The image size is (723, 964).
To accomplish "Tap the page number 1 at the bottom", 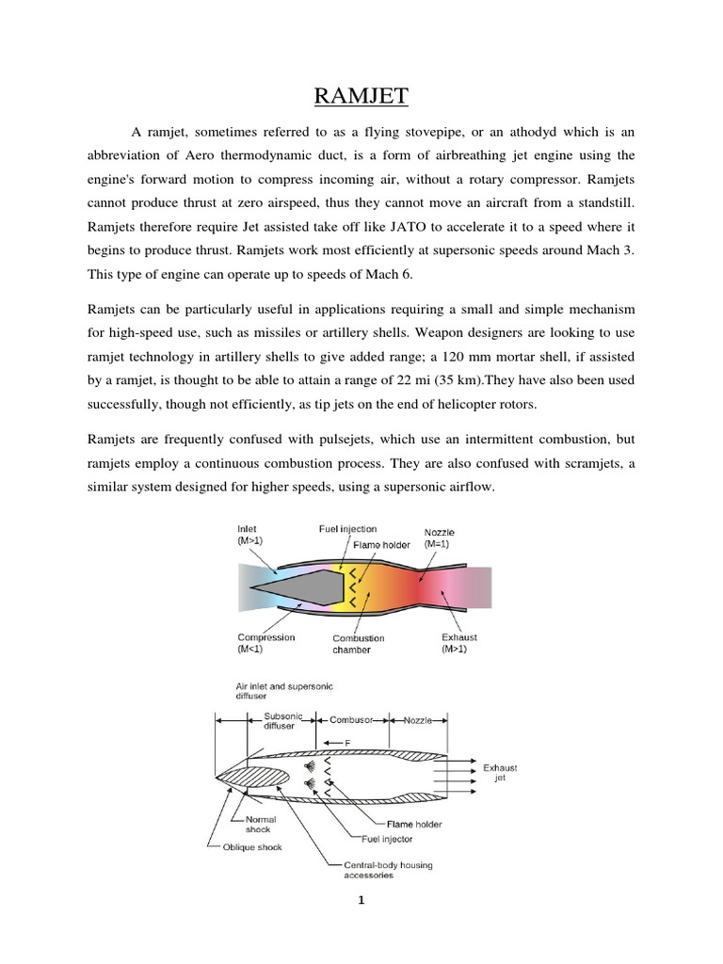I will [361, 901].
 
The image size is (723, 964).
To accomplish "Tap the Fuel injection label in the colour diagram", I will [347, 529].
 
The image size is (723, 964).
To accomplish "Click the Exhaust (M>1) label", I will [458, 643].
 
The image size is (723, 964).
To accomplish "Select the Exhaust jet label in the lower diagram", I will [500, 773].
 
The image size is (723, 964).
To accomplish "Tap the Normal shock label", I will [259, 824].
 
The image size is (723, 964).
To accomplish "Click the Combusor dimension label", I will [352, 719].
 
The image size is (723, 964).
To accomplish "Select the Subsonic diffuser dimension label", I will [281, 719].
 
